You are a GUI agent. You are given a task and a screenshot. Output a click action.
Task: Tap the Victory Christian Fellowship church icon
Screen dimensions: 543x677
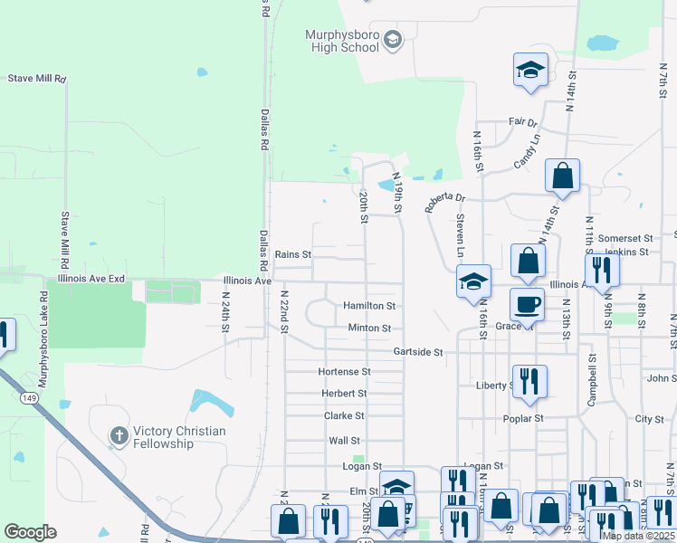118,436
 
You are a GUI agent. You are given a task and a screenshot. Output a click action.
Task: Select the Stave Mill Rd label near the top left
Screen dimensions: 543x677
37,79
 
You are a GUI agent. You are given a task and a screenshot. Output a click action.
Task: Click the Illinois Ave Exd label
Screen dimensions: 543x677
91,281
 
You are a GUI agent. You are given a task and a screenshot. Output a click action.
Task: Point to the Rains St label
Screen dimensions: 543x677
293,255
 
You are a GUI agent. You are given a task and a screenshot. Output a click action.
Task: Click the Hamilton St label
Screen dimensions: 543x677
369,306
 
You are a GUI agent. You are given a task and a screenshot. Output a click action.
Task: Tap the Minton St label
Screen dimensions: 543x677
369,328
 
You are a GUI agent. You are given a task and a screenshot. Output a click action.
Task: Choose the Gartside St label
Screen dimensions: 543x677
417,351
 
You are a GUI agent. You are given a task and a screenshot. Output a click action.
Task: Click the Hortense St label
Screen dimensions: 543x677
344,372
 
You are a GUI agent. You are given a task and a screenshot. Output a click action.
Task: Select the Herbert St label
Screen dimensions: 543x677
344,394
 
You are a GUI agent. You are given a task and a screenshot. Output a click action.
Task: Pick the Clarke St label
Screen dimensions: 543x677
344,415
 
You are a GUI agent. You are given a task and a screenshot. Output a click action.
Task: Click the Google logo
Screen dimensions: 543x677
30,531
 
